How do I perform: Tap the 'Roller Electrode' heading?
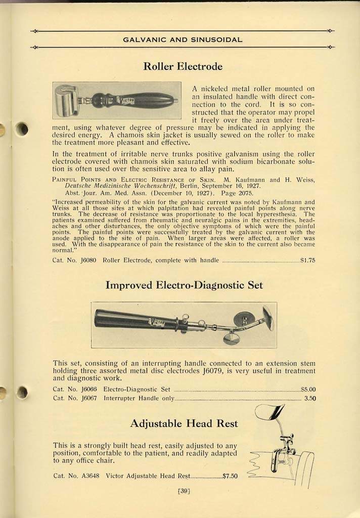pos(183,66)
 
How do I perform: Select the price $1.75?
pos(307,261)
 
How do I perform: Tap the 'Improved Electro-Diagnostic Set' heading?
pos(184,285)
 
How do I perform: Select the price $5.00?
pos(308,390)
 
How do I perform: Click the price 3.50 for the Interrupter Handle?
pos(310,398)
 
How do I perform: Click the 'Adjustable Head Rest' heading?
pos(184,423)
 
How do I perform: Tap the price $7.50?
pos(230,476)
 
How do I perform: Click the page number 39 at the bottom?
pos(184,490)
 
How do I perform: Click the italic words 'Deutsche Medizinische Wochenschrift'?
pos(113,186)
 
